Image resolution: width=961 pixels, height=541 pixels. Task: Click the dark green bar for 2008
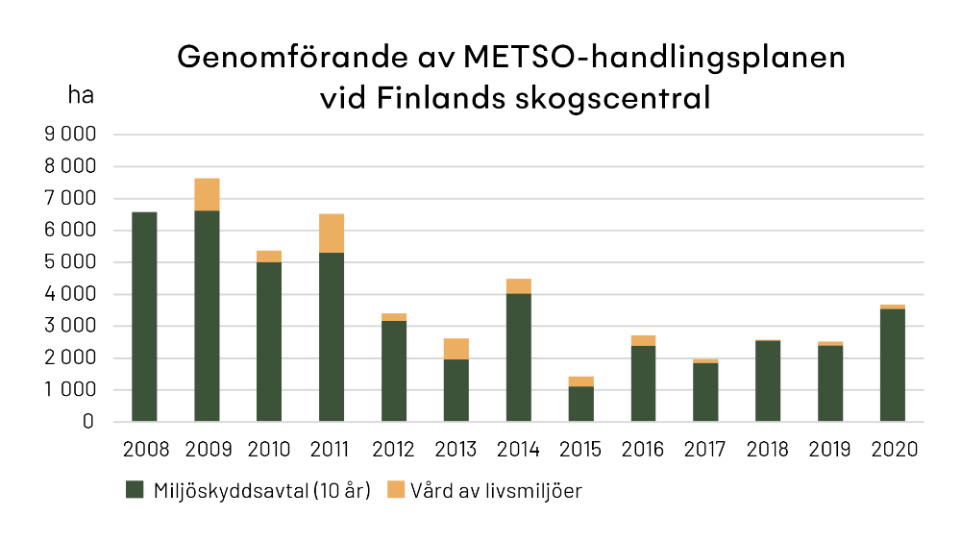(144, 317)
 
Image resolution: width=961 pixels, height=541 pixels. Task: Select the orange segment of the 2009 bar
(207, 194)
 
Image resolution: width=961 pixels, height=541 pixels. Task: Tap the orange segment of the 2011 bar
(332, 234)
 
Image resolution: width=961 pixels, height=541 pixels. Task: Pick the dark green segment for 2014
(519, 357)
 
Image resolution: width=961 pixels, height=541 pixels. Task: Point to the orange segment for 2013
(456, 349)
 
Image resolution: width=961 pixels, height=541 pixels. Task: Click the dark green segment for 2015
(581, 405)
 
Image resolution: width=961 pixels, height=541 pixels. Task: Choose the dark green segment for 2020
(893, 365)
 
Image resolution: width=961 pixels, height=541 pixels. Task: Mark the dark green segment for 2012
(394, 371)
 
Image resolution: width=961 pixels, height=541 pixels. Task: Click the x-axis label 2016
(643, 450)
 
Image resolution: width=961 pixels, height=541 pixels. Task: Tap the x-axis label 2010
(269, 450)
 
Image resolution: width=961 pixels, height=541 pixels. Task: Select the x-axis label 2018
(768, 450)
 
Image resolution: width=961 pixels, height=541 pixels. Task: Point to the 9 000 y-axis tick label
(70, 135)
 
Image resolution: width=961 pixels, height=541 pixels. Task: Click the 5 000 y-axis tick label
(70, 262)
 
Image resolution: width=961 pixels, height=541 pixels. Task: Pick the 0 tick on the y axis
(88, 422)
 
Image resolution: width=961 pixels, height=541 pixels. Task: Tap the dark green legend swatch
(136, 491)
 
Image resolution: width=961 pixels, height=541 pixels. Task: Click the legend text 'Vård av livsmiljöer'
(496, 491)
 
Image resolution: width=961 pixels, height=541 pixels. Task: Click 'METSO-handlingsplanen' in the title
(653, 57)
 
